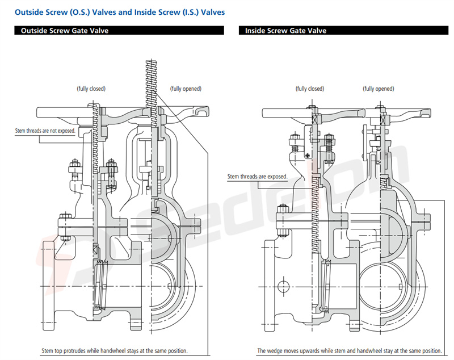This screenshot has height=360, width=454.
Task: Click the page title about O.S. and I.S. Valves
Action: (x=119, y=11)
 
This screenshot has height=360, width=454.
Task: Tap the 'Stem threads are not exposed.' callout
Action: (x=45, y=131)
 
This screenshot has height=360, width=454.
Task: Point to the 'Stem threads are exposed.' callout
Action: (x=257, y=177)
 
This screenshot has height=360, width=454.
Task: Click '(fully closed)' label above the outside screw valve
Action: (x=91, y=89)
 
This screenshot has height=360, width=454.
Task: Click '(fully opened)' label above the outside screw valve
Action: (x=186, y=89)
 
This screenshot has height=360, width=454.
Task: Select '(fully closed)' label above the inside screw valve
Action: (x=309, y=89)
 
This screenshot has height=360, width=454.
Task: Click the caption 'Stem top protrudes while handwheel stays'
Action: (x=114, y=350)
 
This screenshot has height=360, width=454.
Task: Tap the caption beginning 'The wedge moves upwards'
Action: (x=349, y=350)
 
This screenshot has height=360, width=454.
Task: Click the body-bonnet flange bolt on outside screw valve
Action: (x=63, y=227)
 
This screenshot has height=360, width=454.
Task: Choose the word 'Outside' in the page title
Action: (x=29, y=11)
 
